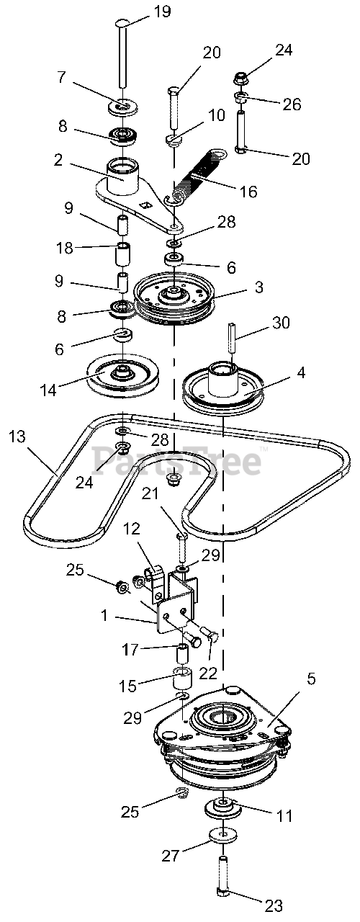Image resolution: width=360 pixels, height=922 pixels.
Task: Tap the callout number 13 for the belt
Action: [17, 437]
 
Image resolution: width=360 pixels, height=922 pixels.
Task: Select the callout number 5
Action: [311, 679]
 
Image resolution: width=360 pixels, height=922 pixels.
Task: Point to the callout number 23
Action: [274, 906]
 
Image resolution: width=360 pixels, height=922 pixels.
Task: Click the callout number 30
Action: [280, 323]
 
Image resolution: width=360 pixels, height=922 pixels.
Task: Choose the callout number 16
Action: [248, 191]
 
